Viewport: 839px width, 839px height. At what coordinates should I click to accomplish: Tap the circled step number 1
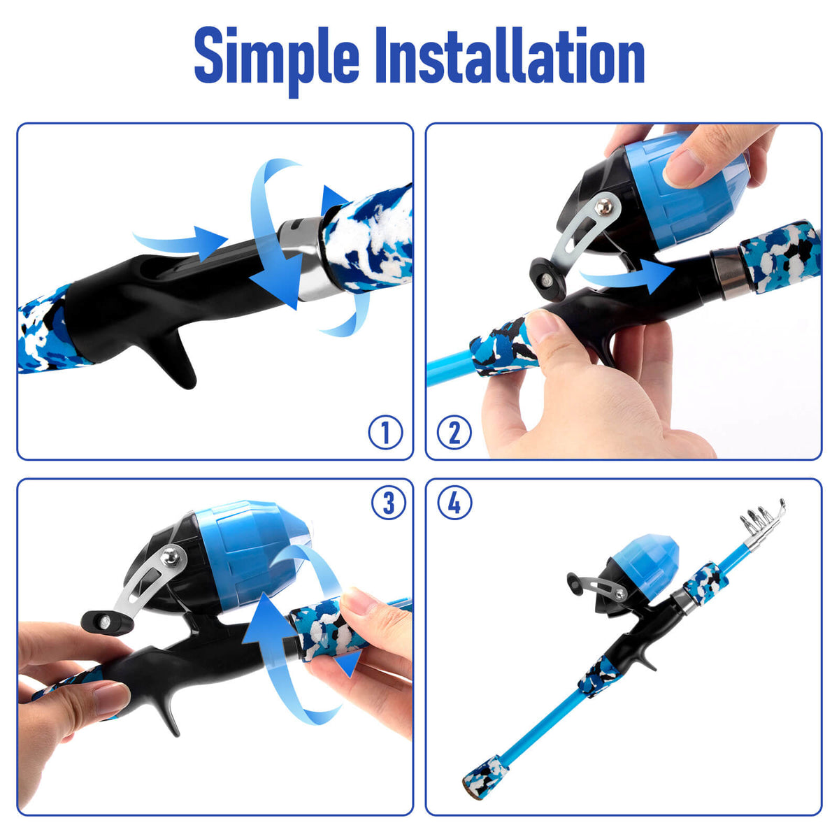385,432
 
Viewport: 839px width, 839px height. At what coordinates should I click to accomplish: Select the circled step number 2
454,432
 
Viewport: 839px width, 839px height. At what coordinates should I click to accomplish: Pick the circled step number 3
388,503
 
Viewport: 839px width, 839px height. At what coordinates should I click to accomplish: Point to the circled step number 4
454,503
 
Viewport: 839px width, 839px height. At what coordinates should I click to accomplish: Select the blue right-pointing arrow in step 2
627,276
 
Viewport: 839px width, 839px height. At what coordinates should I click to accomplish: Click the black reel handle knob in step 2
547,279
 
